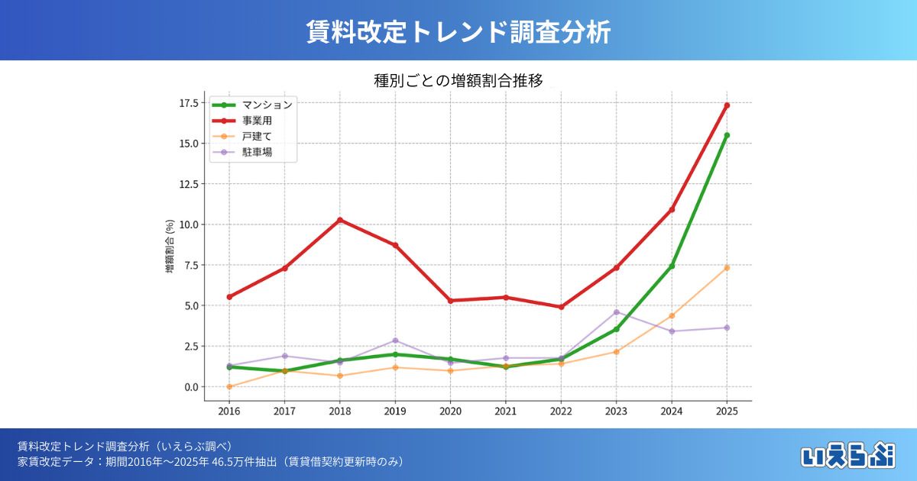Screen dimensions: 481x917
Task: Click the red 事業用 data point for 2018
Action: (339, 220)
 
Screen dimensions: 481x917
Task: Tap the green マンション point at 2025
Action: (727, 135)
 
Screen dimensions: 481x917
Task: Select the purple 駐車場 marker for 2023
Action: (616, 312)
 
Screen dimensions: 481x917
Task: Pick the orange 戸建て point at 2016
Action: (229, 386)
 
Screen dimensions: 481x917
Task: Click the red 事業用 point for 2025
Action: (727, 105)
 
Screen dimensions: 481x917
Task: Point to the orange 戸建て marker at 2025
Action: (727, 267)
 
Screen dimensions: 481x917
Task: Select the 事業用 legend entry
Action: (257, 121)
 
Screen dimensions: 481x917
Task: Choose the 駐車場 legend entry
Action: (257, 153)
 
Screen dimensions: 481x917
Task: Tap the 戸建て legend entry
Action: (257, 137)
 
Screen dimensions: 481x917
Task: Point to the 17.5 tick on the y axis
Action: (189, 103)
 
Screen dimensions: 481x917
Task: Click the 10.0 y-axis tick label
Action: (189, 224)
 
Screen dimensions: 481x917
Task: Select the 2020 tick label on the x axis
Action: (450, 411)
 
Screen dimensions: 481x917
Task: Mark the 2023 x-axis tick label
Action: (616, 411)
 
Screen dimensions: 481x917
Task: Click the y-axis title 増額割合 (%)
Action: (170, 247)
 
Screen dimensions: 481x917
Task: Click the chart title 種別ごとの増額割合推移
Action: (458, 81)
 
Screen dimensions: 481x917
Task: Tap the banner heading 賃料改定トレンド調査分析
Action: (458, 32)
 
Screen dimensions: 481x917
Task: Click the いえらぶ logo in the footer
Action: (848, 455)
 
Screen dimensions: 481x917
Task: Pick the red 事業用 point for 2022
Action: (561, 307)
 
